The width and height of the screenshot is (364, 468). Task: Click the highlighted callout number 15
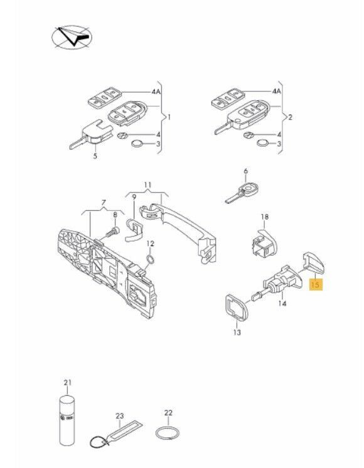315,284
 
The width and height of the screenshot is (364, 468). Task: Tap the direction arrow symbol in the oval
73,37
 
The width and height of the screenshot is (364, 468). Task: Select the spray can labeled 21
67,420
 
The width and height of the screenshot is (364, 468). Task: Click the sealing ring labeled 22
168,432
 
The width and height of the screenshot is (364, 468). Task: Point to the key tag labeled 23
117,433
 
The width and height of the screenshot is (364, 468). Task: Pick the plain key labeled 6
242,193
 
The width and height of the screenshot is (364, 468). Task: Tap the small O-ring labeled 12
151,259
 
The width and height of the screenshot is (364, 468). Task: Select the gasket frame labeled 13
237,308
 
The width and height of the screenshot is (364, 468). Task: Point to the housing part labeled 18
265,243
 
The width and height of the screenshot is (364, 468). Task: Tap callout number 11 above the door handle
148,185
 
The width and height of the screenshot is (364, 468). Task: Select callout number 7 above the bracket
104,203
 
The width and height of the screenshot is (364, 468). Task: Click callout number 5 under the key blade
95,156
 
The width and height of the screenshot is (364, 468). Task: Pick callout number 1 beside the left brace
169,117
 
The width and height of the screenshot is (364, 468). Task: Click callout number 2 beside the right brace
290,117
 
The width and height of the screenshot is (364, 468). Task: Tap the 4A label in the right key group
276,91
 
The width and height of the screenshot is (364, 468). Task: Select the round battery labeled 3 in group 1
137,144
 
